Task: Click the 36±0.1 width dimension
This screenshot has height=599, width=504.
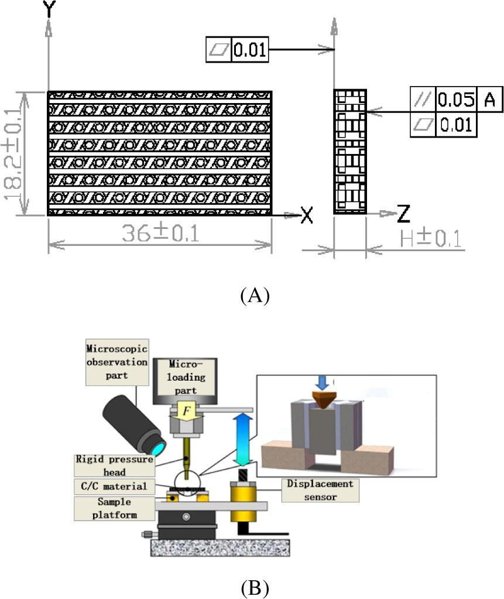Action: pyautogui.click(x=160, y=234)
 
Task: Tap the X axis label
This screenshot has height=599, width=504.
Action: pyautogui.click(x=307, y=215)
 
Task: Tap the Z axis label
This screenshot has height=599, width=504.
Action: pyautogui.click(x=403, y=215)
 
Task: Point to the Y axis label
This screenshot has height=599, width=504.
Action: pyautogui.click(x=49, y=8)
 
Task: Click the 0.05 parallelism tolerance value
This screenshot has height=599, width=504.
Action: pyautogui.click(x=456, y=100)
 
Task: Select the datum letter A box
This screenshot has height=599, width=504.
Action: pyautogui.click(x=489, y=100)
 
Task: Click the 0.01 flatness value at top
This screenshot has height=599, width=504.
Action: pyautogui.click(x=250, y=50)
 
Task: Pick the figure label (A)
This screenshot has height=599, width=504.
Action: pyautogui.click(x=255, y=295)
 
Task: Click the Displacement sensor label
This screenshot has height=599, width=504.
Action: pyautogui.click(x=318, y=490)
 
